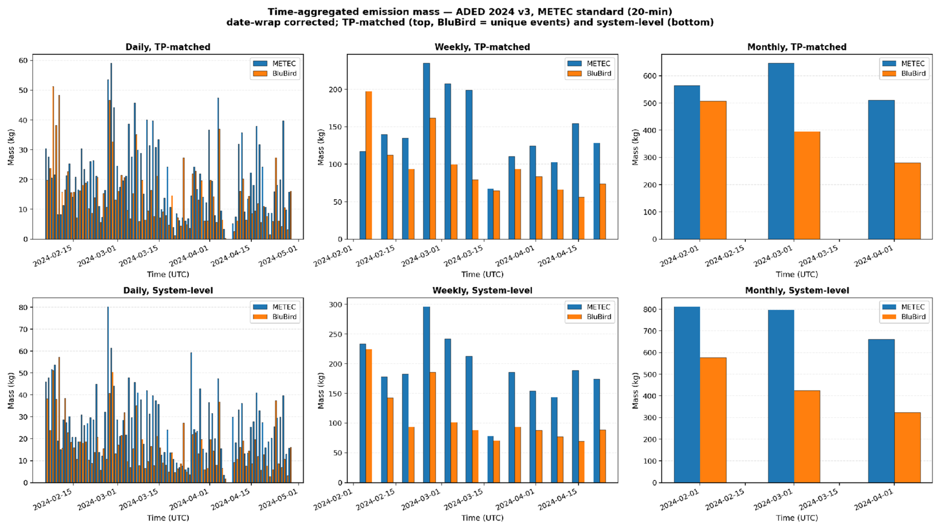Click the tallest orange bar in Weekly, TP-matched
point(369,165)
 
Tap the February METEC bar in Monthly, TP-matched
point(687,162)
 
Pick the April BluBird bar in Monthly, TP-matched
point(907,201)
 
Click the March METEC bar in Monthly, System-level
point(781,396)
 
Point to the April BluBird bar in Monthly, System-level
point(907,448)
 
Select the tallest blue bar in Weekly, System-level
point(426,395)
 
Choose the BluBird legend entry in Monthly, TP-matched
point(904,73)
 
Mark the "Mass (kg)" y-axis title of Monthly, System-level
point(636,391)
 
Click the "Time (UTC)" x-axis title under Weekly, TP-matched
point(482,274)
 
